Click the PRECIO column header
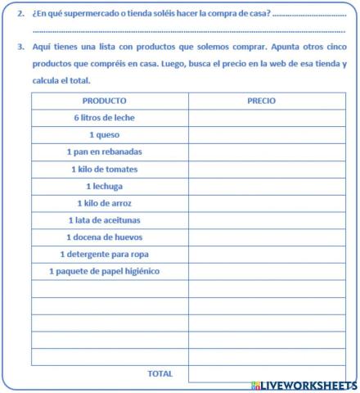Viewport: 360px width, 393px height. (261, 101)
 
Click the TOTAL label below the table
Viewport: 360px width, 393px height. (160, 373)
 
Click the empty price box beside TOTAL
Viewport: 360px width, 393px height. (267, 373)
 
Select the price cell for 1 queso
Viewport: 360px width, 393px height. (267, 135)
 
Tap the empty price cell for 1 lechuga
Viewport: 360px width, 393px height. (267, 186)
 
